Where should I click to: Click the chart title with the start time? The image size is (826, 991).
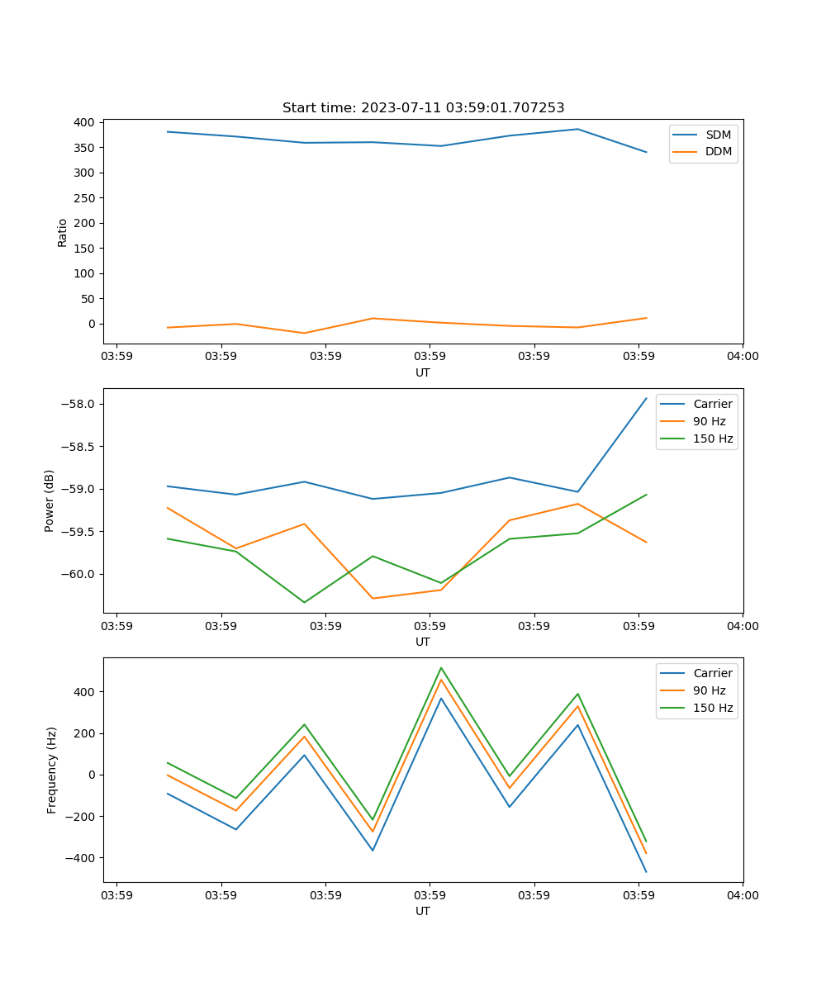coord(423,108)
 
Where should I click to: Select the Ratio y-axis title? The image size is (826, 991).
coord(63,232)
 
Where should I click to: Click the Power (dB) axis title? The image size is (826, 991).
coord(50,500)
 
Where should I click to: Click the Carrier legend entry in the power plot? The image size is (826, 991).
coord(712,404)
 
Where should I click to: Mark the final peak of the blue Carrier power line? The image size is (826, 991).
coord(646,398)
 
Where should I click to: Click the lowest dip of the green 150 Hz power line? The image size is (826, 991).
coord(304,602)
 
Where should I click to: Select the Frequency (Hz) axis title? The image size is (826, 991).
coord(52,770)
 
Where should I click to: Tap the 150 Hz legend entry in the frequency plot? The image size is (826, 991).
coord(713,708)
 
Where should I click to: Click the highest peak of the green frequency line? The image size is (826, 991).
coord(441,667)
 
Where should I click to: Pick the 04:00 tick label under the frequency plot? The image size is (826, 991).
coord(742,895)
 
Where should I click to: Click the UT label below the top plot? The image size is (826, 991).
coord(423,372)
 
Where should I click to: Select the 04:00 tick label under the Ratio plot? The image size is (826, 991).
coord(742,357)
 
